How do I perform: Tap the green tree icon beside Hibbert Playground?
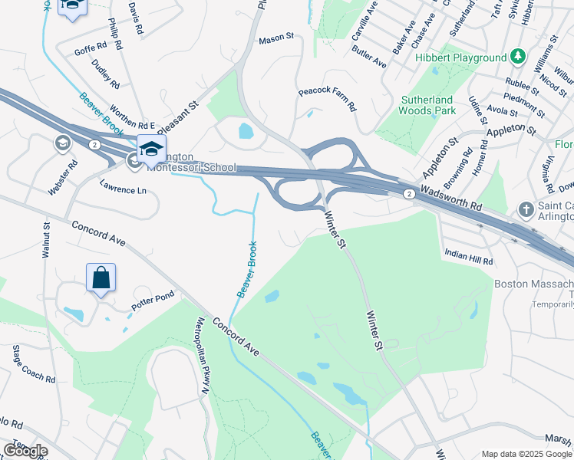(x=519, y=57)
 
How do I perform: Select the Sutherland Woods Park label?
(x=427, y=106)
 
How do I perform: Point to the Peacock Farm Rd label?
(x=328, y=100)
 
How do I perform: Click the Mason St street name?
(x=276, y=38)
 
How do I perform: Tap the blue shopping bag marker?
(x=101, y=278)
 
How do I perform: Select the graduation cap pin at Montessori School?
(x=151, y=148)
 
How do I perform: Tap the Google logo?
(x=25, y=451)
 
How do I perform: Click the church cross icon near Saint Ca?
(x=526, y=209)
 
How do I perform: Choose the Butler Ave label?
(x=369, y=57)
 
